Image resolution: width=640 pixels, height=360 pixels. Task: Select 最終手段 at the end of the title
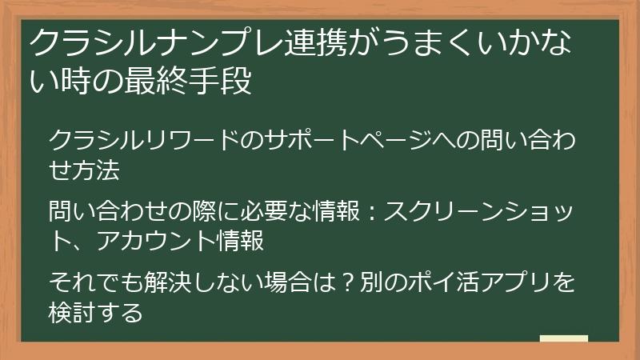pos(194,82)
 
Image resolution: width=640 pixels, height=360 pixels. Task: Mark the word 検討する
pos(96,311)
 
